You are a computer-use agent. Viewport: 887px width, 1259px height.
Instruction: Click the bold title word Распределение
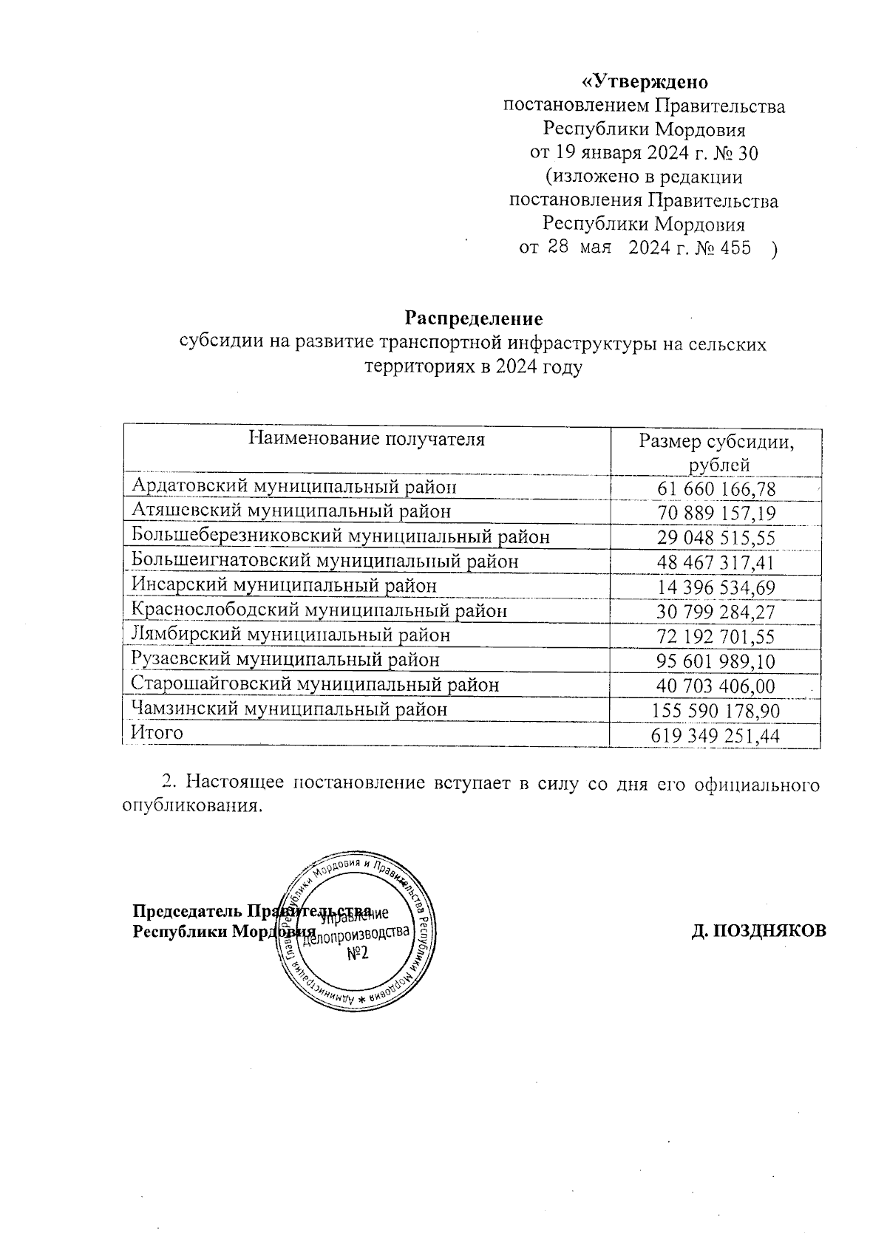(473, 319)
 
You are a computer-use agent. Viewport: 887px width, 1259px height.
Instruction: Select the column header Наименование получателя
(367, 440)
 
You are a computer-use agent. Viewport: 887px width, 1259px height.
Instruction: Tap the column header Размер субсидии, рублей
(716, 453)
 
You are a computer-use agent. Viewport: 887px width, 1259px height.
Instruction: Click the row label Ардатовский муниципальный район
(294, 486)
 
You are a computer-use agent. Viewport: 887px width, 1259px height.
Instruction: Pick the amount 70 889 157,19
(716, 512)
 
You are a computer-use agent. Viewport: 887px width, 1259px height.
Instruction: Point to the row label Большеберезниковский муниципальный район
(341, 536)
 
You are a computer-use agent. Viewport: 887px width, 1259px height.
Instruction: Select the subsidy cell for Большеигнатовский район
(716, 562)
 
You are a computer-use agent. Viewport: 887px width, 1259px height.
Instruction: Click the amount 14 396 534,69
(716, 587)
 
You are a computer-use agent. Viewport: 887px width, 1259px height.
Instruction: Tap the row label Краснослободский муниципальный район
(319, 611)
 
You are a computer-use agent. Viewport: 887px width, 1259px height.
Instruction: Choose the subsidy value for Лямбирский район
(716, 637)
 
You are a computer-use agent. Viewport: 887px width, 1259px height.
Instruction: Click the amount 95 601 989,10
(716, 661)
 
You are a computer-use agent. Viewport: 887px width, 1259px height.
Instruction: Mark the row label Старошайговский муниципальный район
(315, 685)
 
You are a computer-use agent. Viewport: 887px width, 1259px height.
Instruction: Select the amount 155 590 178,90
(716, 711)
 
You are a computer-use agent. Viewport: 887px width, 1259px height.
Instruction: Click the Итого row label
(157, 733)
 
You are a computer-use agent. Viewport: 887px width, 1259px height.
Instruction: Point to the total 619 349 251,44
(716, 736)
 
